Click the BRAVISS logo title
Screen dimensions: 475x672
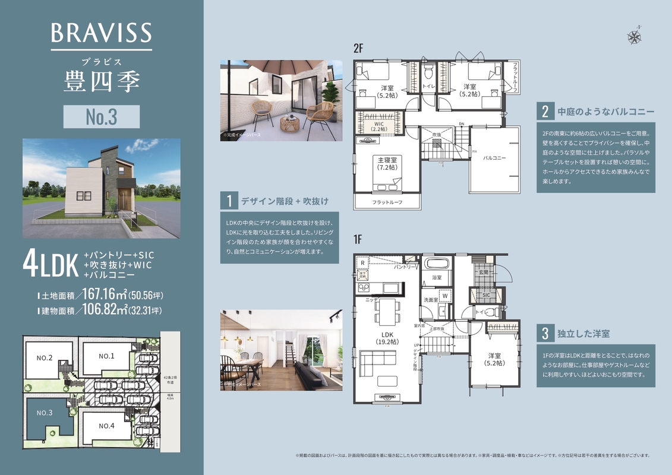pos(102,33)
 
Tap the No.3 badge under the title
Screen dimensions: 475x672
pos(102,117)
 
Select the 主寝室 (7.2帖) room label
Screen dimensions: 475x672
pos(387,163)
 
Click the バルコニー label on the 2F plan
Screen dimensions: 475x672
pos(494,158)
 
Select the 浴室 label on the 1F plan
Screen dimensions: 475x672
pos(437,277)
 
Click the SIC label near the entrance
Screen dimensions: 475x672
pos(486,294)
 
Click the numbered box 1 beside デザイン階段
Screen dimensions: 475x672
pos(229,201)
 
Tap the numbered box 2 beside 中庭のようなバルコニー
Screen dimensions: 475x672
pos(544,112)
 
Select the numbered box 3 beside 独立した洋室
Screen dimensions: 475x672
pos(544,334)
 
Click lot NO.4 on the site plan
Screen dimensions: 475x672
pos(107,426)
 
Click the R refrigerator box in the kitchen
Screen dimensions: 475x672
pos(362,262)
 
